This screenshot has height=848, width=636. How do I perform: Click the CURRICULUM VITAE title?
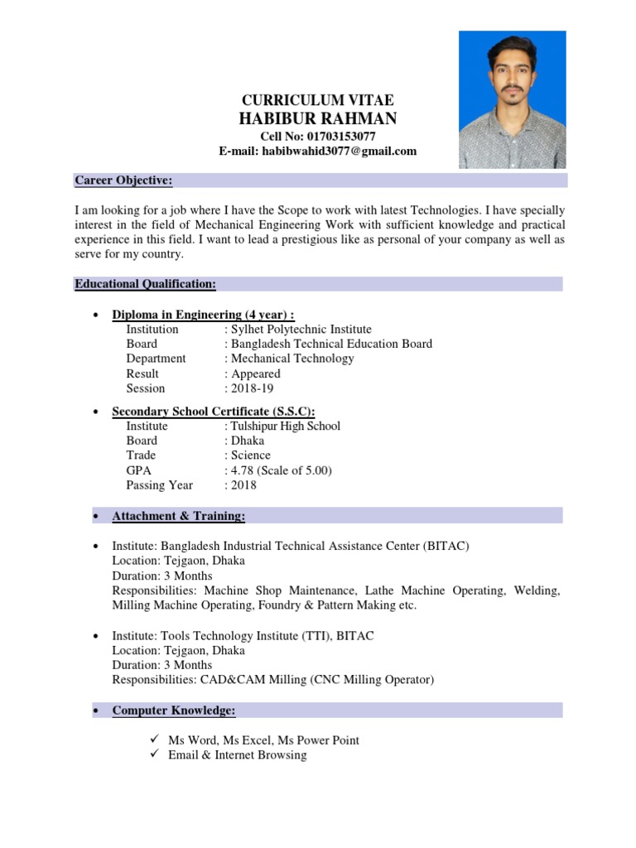[317, 100]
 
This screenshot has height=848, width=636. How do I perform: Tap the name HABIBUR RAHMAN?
[317, 119]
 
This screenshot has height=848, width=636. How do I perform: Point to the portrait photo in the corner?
[513, 99]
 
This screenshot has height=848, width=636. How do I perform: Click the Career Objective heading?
[123, 181]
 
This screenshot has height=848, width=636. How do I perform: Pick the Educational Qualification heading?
[145, 284]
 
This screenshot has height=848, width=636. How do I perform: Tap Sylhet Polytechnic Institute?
[301, 329]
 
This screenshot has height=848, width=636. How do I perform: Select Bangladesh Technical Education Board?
[331, 344]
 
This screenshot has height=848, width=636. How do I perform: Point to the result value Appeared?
[256, 373]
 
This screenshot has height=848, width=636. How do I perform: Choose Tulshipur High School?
[286, 426]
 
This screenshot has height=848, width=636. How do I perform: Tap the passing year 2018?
[244, 485]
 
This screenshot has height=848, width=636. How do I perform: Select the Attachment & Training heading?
[179, 516]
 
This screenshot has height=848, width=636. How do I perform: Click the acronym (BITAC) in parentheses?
[447, 546]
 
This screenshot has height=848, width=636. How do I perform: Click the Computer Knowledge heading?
[174, 711]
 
